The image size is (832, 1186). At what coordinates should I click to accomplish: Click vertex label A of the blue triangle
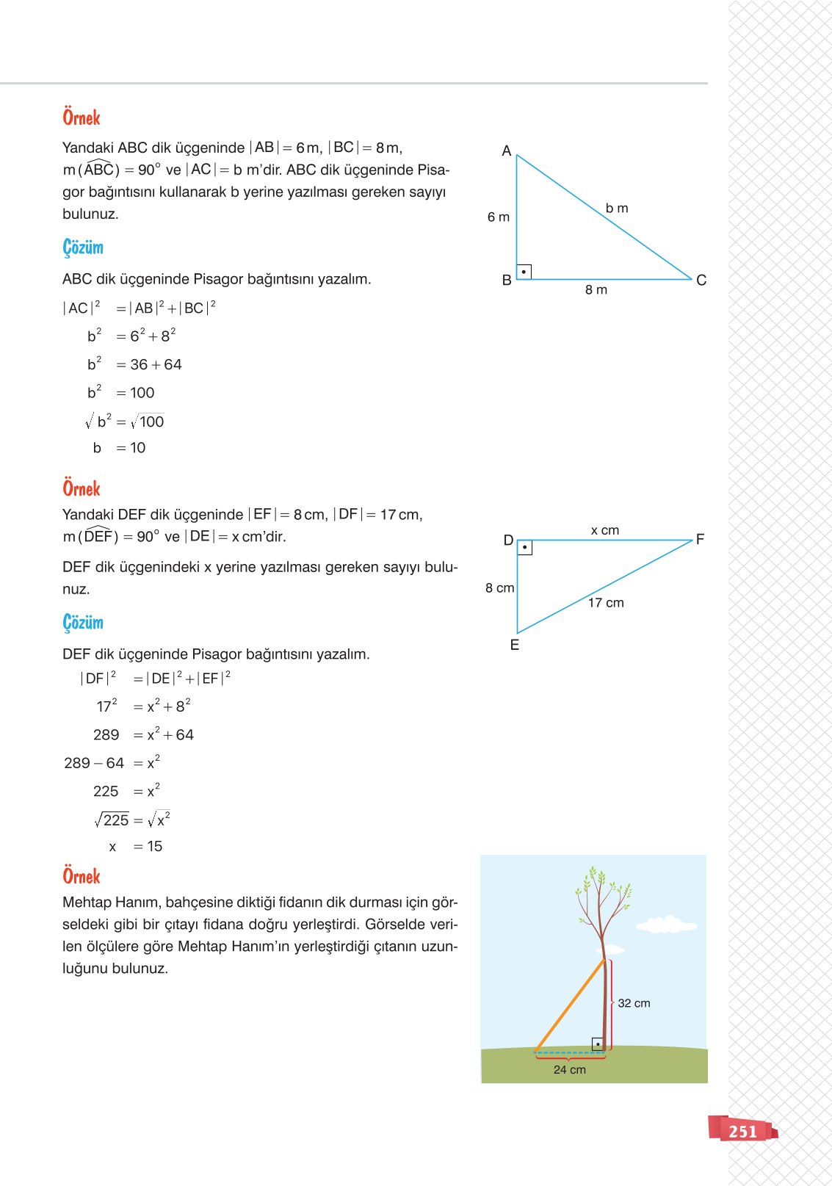tap(507, 151)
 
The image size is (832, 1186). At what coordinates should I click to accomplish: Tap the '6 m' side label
tap(499, 217)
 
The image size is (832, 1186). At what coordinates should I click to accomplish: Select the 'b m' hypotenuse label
tap(617, 209)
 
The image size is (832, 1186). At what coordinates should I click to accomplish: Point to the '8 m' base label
tap(596, 290)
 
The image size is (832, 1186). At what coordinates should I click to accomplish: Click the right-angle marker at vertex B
tap(524, 272)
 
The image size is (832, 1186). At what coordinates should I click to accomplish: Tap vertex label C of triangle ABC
tap(701, 281)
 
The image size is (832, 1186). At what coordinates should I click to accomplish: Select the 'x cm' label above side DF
tap(605, 530)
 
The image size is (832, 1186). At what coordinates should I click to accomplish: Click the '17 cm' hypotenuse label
tap(606, 603)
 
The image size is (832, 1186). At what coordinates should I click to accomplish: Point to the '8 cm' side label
tap(500, 588)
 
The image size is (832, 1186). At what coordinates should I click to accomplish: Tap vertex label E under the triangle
tap(515, 646)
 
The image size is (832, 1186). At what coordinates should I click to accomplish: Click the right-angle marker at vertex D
tap(524, 548)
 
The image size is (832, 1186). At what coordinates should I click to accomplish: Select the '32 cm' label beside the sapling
tap(634, 1003)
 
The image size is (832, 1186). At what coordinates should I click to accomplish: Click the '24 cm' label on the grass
tap(570, 1070)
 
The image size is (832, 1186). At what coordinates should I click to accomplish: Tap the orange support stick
tap(570, 1005)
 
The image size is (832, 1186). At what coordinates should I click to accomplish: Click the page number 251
tap(742, 1132)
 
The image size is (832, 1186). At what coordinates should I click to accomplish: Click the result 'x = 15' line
tap(136, 847)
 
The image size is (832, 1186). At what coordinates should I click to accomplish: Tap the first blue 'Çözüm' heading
tap(83, 247)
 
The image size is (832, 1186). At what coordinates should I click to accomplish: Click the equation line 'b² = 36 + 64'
tap(134, 364)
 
